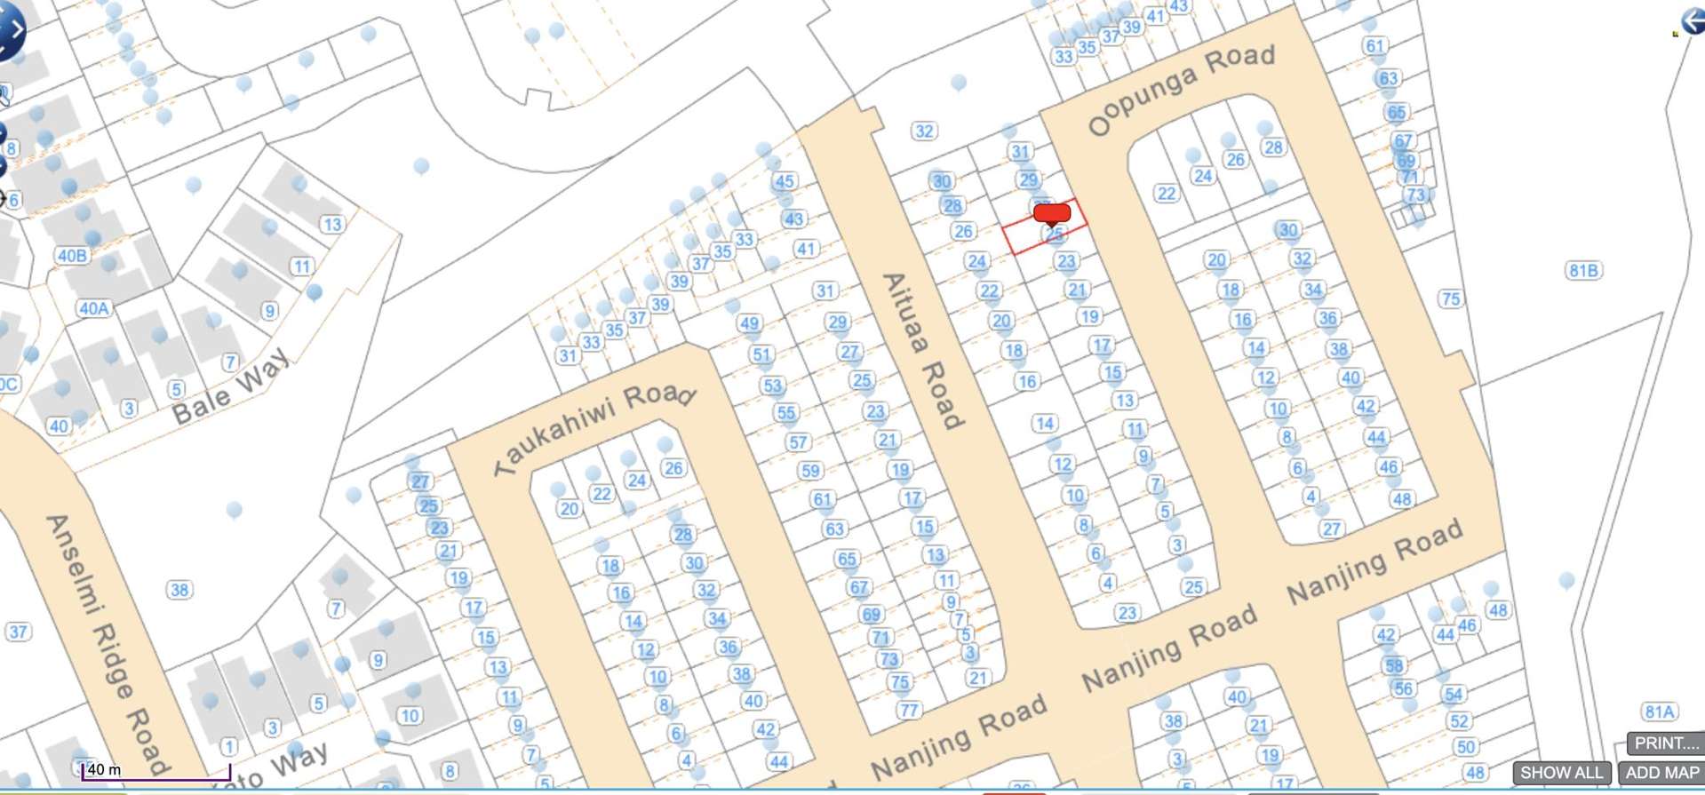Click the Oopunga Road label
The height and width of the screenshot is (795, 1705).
[1181, 90]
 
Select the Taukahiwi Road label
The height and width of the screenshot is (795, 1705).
[596, 425]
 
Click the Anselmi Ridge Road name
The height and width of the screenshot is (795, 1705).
[106, 644]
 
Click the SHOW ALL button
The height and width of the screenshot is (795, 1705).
[1561, 773]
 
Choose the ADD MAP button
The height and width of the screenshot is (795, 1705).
[1661, 773]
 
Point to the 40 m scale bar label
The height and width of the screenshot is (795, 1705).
[104, 769]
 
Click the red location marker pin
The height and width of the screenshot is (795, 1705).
[1052, 214]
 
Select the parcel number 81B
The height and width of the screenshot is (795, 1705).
[1583, 270]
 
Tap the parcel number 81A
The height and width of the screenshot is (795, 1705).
[1659, 712]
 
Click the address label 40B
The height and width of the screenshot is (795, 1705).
[72, 256]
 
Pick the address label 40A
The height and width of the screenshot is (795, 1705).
[94, 308]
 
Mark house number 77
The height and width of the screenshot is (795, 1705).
[908, 710]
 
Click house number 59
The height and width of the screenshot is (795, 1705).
[809, 471]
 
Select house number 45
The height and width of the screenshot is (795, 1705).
[784, 181]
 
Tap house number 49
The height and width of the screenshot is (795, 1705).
[749, 323]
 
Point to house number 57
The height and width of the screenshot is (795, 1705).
[798, 441]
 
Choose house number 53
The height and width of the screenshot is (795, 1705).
[772, 386]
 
